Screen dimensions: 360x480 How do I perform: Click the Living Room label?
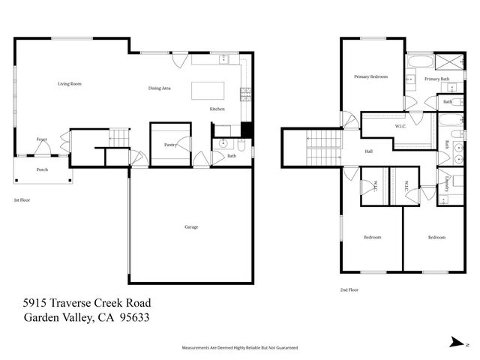[70, 84]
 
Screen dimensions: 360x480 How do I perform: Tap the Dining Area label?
[160, 88]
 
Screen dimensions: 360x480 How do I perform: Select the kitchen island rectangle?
[207, 91]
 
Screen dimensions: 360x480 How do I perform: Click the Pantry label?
[170, 145]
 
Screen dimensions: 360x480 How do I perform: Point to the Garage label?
[191, 226]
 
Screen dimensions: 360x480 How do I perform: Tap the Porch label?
[43, 169]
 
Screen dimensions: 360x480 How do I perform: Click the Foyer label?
[42, 139]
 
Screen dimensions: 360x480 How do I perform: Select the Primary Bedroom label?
[371, 76]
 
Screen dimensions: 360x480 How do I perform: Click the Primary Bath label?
[436, 79]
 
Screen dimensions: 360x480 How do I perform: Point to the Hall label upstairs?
[369, 151]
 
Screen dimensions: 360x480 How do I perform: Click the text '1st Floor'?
[22, 200]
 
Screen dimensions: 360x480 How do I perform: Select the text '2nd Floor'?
[349, 289]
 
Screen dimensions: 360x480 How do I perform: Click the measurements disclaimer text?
[240, 348]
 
